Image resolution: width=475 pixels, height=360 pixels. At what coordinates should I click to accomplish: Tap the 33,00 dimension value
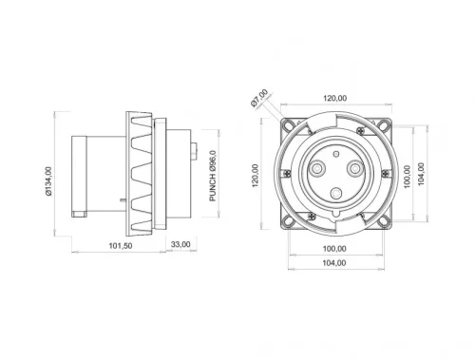coord(180,244)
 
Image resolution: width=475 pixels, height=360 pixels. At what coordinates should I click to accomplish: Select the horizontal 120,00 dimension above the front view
coord(332,98)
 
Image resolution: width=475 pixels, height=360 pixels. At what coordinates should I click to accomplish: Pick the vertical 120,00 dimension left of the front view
coord(255,174)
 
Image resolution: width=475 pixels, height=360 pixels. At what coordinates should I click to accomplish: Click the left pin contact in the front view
coord(313,167)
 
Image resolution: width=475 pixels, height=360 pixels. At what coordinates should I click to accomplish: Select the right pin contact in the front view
coord(354,167)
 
